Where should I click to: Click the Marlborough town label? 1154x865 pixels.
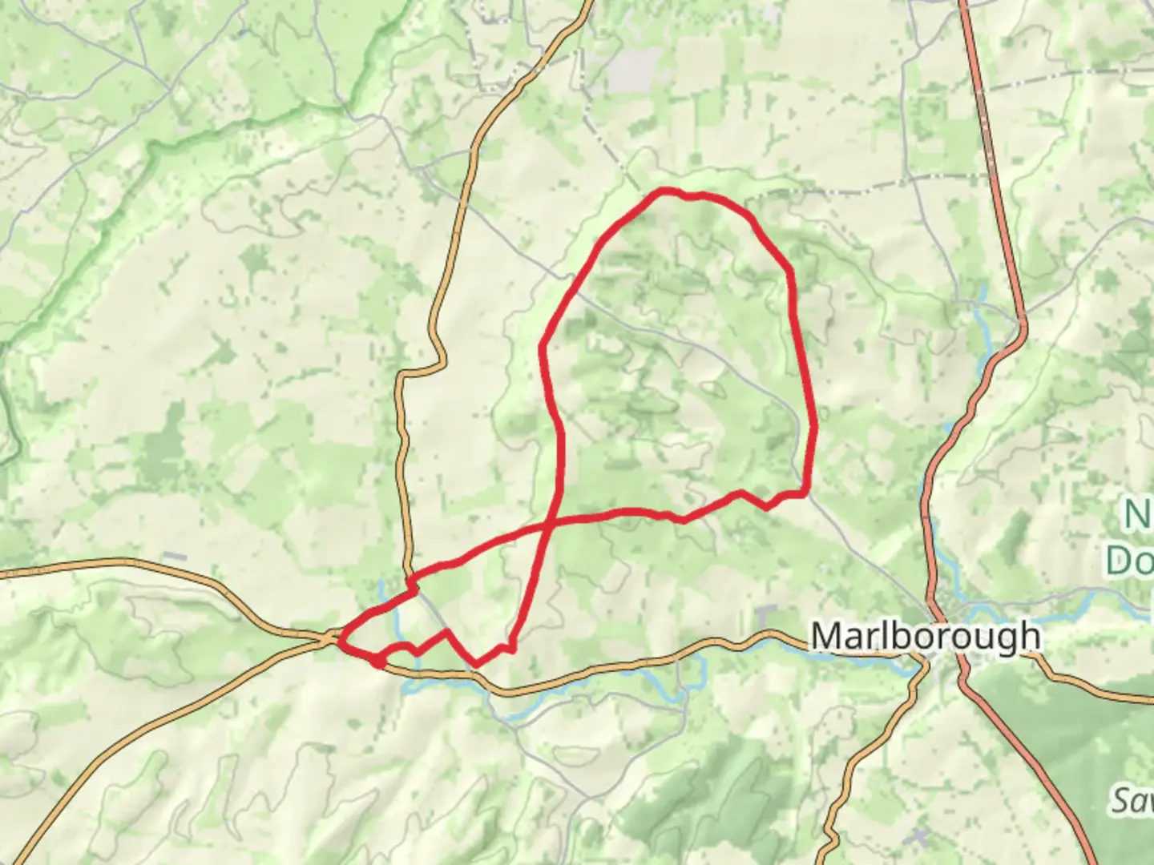click(x=926, y=637)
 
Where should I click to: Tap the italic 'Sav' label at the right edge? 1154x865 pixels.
click(x=1132, y=799)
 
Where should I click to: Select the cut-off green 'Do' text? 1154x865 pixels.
click(x=1130, y=561)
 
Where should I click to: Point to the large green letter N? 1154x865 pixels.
click(x=1138, y=515)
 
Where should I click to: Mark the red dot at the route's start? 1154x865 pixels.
click(x=376, y=661)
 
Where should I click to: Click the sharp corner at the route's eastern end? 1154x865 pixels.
click(x=804, y=493)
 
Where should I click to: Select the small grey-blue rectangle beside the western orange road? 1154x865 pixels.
click(x=176, y=557)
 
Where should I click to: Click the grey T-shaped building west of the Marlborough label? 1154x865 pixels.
click(x=765, y=618)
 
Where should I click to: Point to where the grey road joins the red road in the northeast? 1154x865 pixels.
click(x=1022, y=324)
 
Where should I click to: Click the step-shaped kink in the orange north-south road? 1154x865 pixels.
click(x=422, y=370)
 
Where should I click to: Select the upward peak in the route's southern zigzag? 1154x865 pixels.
click(x=446, y=632)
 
